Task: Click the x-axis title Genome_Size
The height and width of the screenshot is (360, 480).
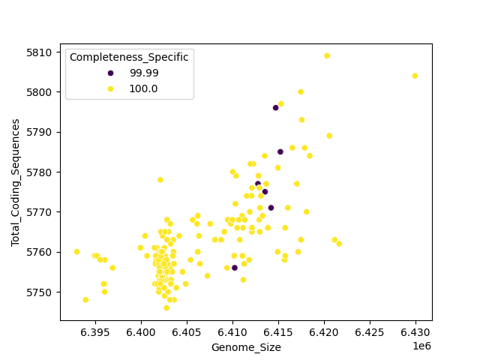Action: [246, 347]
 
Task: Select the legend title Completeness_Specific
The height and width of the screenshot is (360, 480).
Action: [129, 58]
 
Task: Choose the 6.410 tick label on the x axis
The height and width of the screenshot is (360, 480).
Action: [232, 331]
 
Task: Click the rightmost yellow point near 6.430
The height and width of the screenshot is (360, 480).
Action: [415, 76]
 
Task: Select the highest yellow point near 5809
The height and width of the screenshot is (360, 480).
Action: [327, 55]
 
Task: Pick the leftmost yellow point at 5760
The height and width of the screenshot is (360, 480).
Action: [76, 252]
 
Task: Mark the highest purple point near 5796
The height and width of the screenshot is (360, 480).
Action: [275, 108]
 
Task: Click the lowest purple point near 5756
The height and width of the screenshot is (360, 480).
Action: [234, 268]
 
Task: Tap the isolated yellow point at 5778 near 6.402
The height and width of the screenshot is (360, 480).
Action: [160, 180]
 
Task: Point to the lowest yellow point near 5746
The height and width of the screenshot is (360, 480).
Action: [166, 307]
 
